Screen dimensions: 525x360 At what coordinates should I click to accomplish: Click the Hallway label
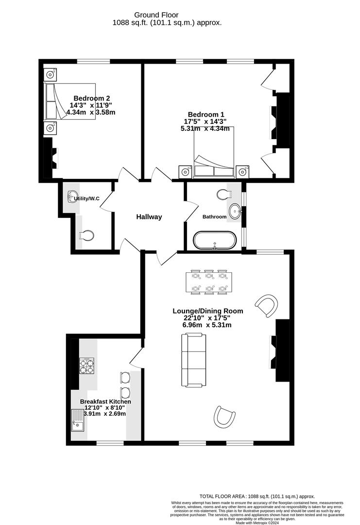(x=149, y=217)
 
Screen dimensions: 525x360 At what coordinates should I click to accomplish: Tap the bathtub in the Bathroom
(x=215, y=240)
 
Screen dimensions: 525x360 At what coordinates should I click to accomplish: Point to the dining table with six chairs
(x=209, y=281)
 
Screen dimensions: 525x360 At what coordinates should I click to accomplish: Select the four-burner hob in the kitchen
(x=87, y=366)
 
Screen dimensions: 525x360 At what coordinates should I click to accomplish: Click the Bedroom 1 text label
(x=206, y=114)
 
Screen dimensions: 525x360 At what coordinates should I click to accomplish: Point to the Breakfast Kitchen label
(x=105, y=402)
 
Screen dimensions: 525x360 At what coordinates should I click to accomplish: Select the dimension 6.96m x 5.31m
(x=208, y=325)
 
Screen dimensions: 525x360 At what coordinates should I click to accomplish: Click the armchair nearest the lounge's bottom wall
(x=224, y=417)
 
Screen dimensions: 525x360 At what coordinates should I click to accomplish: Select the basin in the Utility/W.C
(x=73, y=197)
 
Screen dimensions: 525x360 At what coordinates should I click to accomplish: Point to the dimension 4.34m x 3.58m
(x=91, y=112)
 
